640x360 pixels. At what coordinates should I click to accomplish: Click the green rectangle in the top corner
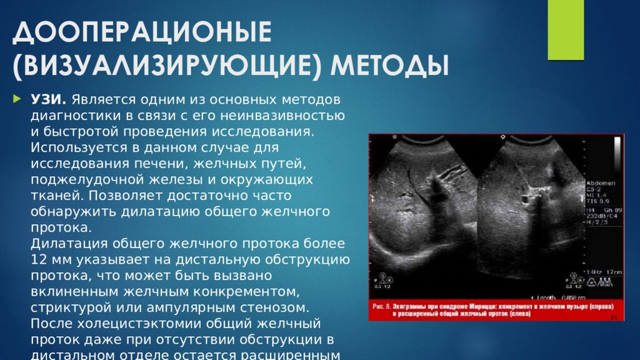tap(565, 29)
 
